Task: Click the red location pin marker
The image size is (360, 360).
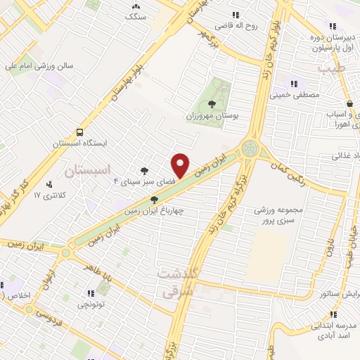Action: click(181, 165)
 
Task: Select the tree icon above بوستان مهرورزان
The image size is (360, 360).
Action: click(212, 103)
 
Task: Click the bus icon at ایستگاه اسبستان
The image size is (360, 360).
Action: click(79, 132)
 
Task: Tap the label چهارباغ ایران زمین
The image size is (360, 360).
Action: click(150, 210)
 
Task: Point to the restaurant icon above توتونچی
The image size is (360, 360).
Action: click(89, 294)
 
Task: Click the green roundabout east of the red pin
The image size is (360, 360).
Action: click(249, 149)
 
